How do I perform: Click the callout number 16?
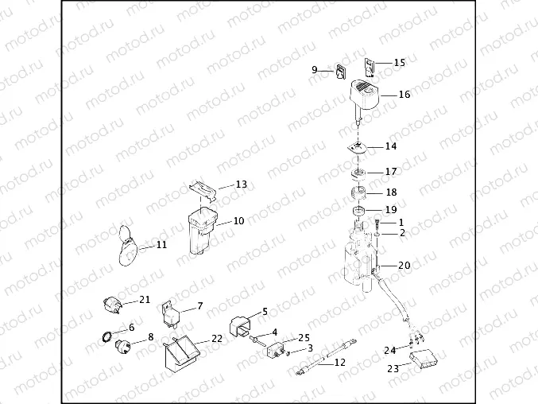click(x=404, y=95)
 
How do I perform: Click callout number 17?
click(x=391, y=172)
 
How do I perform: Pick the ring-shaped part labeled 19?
click(x=359, y=211)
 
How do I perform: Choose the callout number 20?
click(x=404, y=266)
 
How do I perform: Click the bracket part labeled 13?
click(x=205, y=190)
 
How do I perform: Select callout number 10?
click(x=238, y=221)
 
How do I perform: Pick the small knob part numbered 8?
click(x=124, y=346)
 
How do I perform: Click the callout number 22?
click(x=216, y=338)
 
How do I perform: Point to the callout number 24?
click(x=390, y=350)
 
